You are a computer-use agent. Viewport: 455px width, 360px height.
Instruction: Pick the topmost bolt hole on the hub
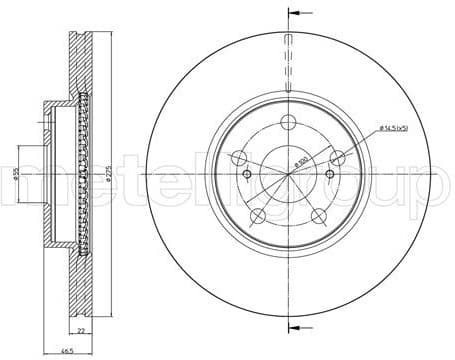tap(288, 123)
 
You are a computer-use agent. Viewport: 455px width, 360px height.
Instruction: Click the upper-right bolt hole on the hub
tap(338, 157)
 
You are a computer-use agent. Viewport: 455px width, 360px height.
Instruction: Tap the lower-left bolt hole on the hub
tap(257, 217)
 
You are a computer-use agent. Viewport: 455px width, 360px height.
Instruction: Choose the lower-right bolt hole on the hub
tap(319, 217)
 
